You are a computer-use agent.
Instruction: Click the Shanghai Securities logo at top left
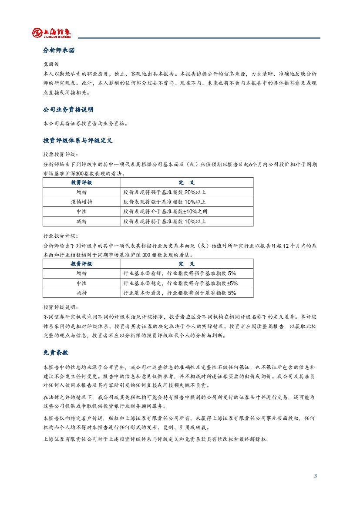coord(51,33)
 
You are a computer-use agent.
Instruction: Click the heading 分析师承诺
coord(59,51)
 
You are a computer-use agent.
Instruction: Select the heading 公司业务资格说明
coord(68,109)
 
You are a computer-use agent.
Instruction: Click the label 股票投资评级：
coord(61,154)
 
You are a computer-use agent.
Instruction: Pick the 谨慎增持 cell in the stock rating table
coord(81,202)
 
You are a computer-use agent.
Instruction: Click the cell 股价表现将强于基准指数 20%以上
coord(165,192)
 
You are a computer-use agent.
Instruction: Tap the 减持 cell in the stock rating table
coord(81,221)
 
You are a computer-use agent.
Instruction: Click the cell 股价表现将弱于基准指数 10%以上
coord(165,221)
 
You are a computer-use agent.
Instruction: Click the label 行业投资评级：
coord(61,236)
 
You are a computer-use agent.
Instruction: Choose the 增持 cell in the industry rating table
coord(81,273)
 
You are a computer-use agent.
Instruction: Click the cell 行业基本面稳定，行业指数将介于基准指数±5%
coord(181,283)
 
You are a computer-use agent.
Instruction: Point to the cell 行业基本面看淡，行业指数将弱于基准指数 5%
coord(180,293)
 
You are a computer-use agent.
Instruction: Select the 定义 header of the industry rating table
coord(186,264)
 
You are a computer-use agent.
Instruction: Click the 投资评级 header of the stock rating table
coord(81,182)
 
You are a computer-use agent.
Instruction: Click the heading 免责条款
coord(56,352)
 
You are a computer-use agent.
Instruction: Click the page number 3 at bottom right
coord(316,476)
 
